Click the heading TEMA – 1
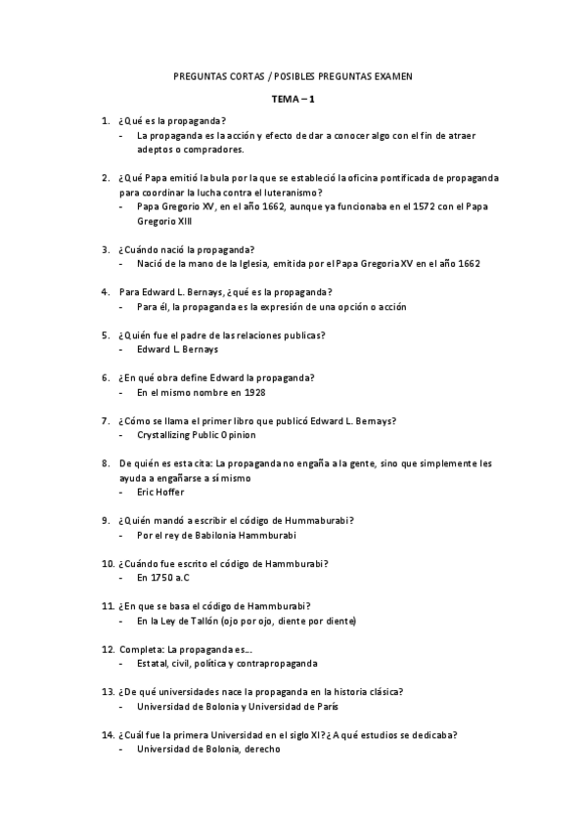(293, 99)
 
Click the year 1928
(252, 392)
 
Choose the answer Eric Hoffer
(160, 492)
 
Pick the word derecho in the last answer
(262, 749)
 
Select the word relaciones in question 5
(252, 334)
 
